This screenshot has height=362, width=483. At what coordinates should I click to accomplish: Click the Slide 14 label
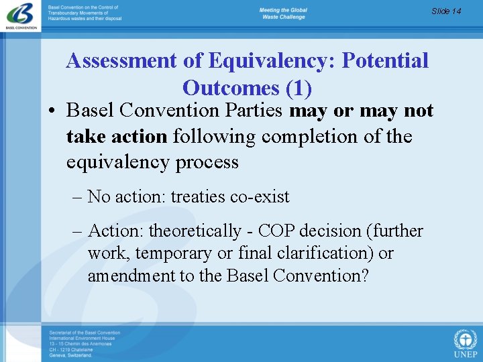[x=446, y=11]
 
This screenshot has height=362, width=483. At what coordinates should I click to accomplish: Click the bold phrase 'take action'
[x=117, y=137]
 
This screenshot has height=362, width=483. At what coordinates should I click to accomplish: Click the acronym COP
[x=276, y=231]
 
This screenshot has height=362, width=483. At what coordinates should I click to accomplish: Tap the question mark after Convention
[x=364, y=276]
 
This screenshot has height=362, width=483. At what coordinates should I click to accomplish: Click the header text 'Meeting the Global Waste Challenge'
[x=283, y=14]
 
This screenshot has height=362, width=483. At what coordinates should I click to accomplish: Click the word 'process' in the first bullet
[x=205, y=162]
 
